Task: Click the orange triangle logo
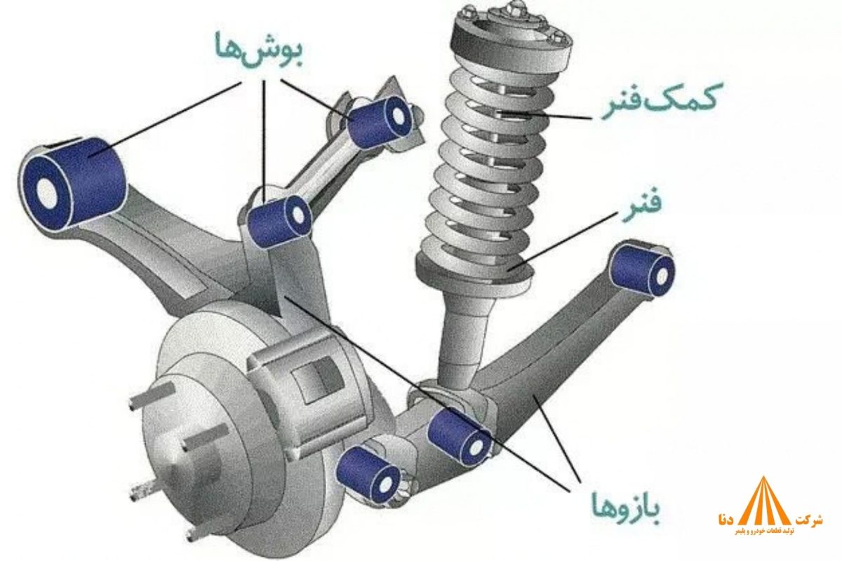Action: coord(763,501)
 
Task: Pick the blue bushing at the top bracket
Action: coord(379,120)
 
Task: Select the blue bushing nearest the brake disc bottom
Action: coord(368,474)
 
